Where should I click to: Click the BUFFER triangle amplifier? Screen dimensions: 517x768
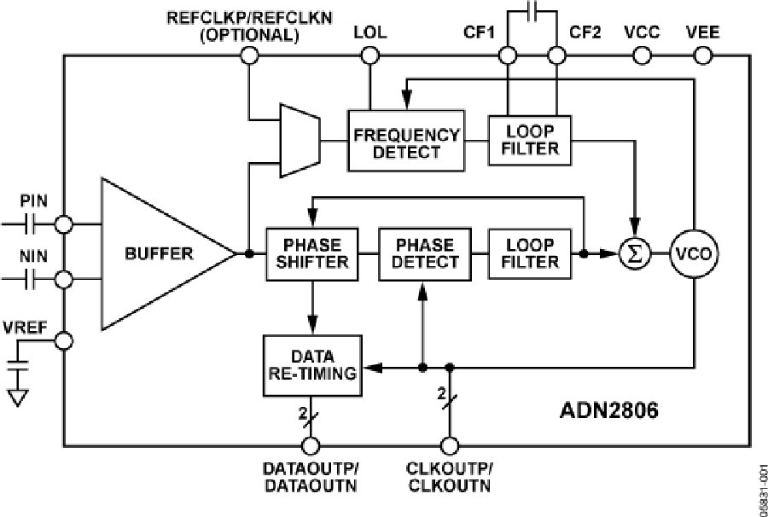click(x=158, y=253)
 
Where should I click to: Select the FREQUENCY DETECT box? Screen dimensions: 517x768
click(x=406, y=140)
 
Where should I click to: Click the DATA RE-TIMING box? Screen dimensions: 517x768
click(x=312, y=364)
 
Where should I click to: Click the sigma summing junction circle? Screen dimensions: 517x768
click(x=634, y=253)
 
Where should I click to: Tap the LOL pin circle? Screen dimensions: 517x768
click(x=369, y=56)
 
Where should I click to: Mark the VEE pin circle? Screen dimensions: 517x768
click(x=702, y=56)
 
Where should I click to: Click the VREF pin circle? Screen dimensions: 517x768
click(x=63, y=341)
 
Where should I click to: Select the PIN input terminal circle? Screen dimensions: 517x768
click(x=63, y=224)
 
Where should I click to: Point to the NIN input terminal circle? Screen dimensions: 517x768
click(x=63, y=279)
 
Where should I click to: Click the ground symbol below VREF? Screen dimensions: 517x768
click(x=19, y=397)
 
